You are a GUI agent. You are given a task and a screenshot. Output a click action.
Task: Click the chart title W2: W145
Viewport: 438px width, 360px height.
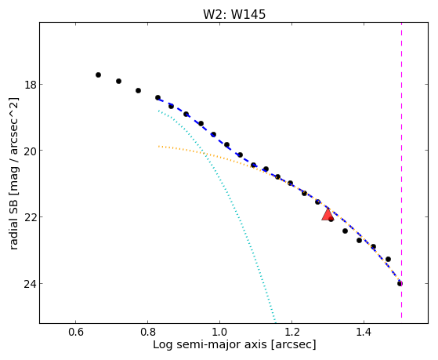[234, 14]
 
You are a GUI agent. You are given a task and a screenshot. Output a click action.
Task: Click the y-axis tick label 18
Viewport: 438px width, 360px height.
[30, 85]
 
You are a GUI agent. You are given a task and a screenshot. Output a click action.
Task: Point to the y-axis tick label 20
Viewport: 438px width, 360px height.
[30, 151]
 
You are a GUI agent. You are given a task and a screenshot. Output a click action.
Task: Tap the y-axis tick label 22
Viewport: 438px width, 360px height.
[30, 217]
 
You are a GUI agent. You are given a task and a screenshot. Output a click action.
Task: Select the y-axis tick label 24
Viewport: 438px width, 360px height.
[30, 284]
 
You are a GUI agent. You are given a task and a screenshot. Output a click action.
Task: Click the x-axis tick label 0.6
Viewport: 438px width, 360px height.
[76, 332]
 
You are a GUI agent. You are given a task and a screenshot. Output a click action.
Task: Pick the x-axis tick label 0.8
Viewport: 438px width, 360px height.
[148, 332]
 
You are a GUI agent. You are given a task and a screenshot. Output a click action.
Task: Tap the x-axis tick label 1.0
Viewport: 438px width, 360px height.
[219, 332]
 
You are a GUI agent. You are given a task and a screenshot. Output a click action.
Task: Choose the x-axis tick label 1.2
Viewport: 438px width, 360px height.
[291, 332]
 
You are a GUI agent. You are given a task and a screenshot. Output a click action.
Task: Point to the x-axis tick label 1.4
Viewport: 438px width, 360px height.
[364, 332]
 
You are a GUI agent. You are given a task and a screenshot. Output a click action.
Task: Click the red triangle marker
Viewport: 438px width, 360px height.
[327, 215]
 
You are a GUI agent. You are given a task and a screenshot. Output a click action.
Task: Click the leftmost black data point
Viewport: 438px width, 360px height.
[98, 75]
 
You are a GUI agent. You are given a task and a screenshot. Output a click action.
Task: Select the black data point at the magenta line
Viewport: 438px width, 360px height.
[400, 284]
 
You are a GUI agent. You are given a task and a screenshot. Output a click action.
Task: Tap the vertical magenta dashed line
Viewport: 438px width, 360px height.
[402, 170]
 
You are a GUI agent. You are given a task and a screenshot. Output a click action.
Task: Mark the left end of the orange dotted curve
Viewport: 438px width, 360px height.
[158, 147]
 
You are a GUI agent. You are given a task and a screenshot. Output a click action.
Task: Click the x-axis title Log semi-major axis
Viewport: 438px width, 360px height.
[210, 344]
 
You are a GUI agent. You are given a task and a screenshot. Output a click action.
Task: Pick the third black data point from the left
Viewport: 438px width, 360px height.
[138, 91]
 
